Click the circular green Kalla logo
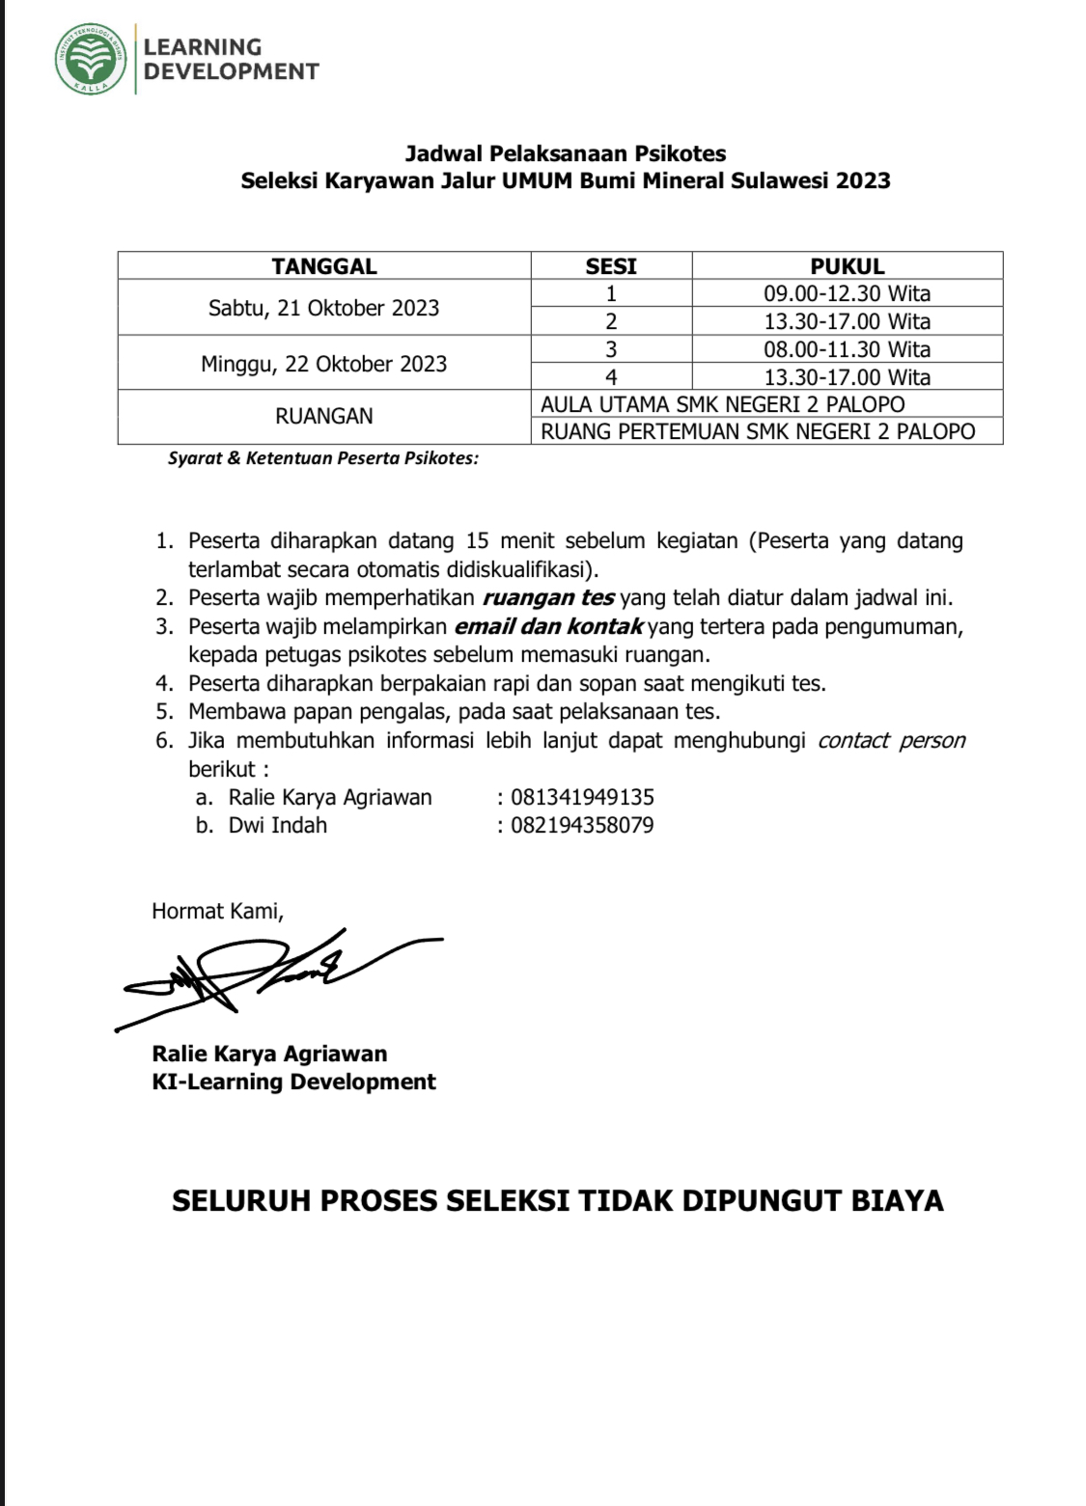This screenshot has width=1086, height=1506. click(91, 59)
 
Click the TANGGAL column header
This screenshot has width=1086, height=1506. click(324, 266)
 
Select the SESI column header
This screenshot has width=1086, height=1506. click(611, 266)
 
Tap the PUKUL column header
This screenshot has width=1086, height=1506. click(847, 266)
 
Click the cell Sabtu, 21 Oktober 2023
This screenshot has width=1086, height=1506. click(324, 308)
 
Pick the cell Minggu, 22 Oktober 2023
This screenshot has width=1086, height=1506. click(324, 364)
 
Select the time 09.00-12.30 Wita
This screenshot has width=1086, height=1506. click(847, 293)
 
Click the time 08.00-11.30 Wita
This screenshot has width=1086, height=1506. click(847, 349)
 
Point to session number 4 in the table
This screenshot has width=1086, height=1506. click(611, 377)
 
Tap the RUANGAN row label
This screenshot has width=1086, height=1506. click(324, 416)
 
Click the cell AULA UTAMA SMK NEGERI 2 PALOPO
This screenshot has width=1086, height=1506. click(723, 404)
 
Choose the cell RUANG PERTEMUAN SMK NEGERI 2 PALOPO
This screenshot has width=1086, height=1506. click(758, 431)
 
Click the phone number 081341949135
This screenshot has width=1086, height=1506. click(582, 797)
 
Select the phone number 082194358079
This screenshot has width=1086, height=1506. click(582, 825)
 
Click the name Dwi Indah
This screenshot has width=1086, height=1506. click(278, 825)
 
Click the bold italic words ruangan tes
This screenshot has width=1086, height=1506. click(548, 598)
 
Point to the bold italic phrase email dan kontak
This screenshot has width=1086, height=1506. click(548, 627)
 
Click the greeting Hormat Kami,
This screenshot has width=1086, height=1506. click(217, 911)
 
